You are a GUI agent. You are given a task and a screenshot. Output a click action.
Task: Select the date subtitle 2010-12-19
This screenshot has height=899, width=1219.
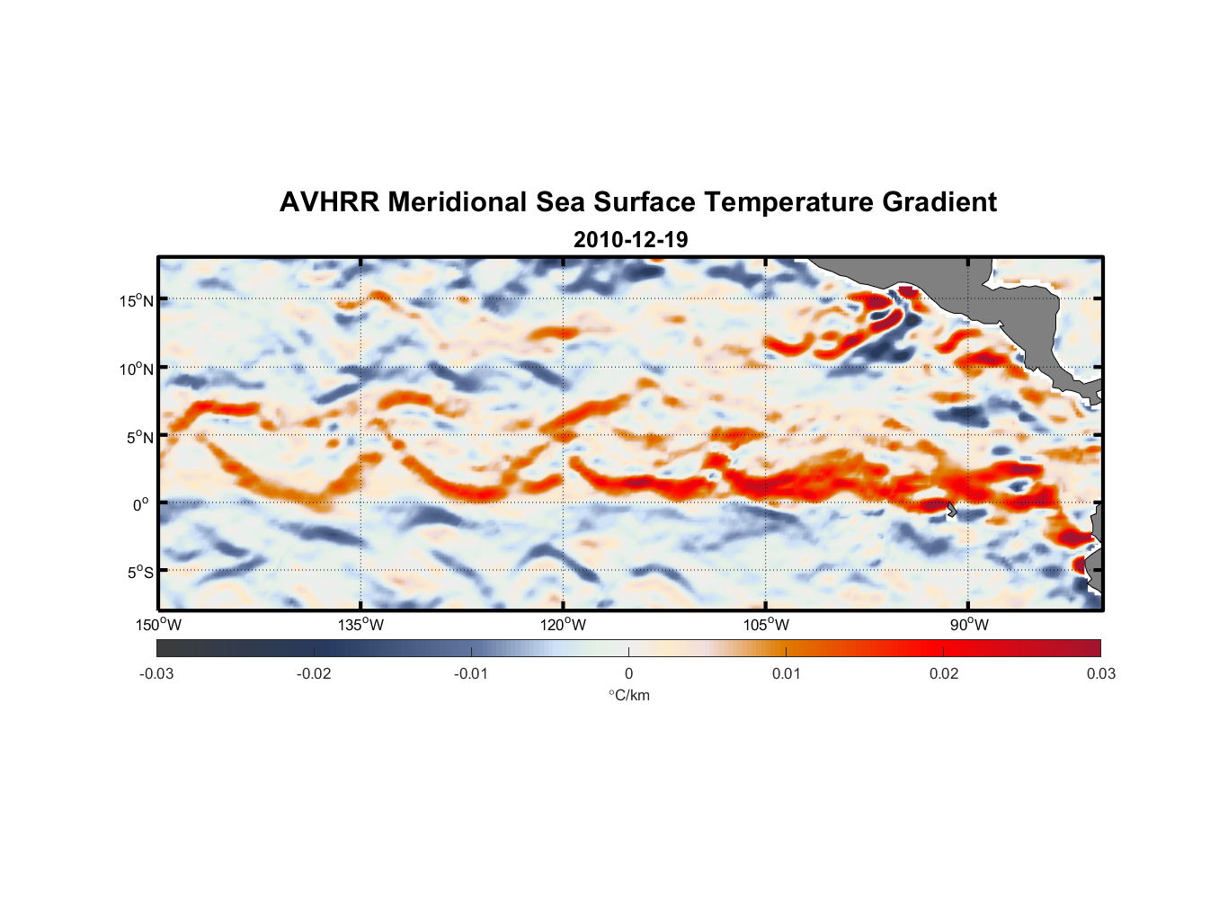[x=630, y=240]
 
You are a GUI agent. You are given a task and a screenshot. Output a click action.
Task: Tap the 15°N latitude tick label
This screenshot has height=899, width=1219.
[x=137, y=300]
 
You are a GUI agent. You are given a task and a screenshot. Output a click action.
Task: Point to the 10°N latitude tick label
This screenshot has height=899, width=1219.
[x=137, y=369]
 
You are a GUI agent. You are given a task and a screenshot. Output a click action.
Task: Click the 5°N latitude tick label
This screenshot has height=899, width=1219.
[x=140, y=437]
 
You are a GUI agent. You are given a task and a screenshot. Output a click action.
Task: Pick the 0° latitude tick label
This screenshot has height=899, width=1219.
[x=141, y=504]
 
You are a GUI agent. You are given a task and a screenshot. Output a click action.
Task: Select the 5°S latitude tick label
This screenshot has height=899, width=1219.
[x=140, y=572]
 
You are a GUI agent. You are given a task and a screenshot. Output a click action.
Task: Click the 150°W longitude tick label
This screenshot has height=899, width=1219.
[x=158, y=625]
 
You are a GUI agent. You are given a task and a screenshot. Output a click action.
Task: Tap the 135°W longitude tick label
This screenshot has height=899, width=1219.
[x=360, y=625]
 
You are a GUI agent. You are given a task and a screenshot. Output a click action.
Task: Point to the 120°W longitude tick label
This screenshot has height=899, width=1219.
[x=563, y=625]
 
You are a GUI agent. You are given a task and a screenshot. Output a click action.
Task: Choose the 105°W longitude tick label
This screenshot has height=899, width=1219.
[x=766, y=625]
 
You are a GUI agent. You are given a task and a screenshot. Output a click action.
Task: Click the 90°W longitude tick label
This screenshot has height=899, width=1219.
[x=969, y=625]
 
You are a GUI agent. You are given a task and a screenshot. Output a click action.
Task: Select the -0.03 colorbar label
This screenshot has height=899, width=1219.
[x=156, y=673]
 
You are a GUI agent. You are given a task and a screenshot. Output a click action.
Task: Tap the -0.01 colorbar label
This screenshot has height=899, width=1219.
[x=471, y=673]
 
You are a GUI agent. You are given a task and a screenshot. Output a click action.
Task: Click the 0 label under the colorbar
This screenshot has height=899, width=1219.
[x=628, y=673]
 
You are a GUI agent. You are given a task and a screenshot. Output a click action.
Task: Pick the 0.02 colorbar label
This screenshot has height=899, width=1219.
[x=944, y=673]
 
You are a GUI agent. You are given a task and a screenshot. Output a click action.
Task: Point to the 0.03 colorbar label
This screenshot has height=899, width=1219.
[x=1100, y=673]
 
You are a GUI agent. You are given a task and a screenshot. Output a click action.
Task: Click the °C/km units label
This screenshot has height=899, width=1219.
[x=629, y=695]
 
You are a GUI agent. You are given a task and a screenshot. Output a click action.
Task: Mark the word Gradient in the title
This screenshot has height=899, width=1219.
[x=939, y=202]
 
